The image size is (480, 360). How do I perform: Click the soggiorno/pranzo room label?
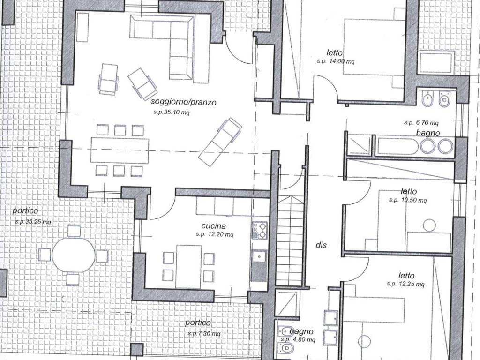click(183, 102)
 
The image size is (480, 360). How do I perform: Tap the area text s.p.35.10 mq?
click(172, 112)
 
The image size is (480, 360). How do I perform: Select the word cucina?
click(214, 226)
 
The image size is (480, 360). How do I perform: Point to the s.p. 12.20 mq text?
click(215, 234)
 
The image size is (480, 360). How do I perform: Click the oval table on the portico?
click(74, 255)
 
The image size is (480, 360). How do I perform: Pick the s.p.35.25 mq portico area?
click(33, 221)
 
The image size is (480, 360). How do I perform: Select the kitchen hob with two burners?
click(259, 230)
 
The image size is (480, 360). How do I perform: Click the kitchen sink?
click(259, 256)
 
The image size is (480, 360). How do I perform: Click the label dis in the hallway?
click(321, 245)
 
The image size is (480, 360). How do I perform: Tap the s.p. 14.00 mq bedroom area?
click(336, 61)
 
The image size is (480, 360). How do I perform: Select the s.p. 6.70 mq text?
click(421, 123)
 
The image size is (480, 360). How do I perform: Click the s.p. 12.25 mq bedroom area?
click(405, 284)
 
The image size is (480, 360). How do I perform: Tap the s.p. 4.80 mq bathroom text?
click(298, 340)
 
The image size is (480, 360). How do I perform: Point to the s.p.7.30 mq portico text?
click(204, 333)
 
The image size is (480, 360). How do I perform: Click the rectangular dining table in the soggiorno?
click(120, 150)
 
